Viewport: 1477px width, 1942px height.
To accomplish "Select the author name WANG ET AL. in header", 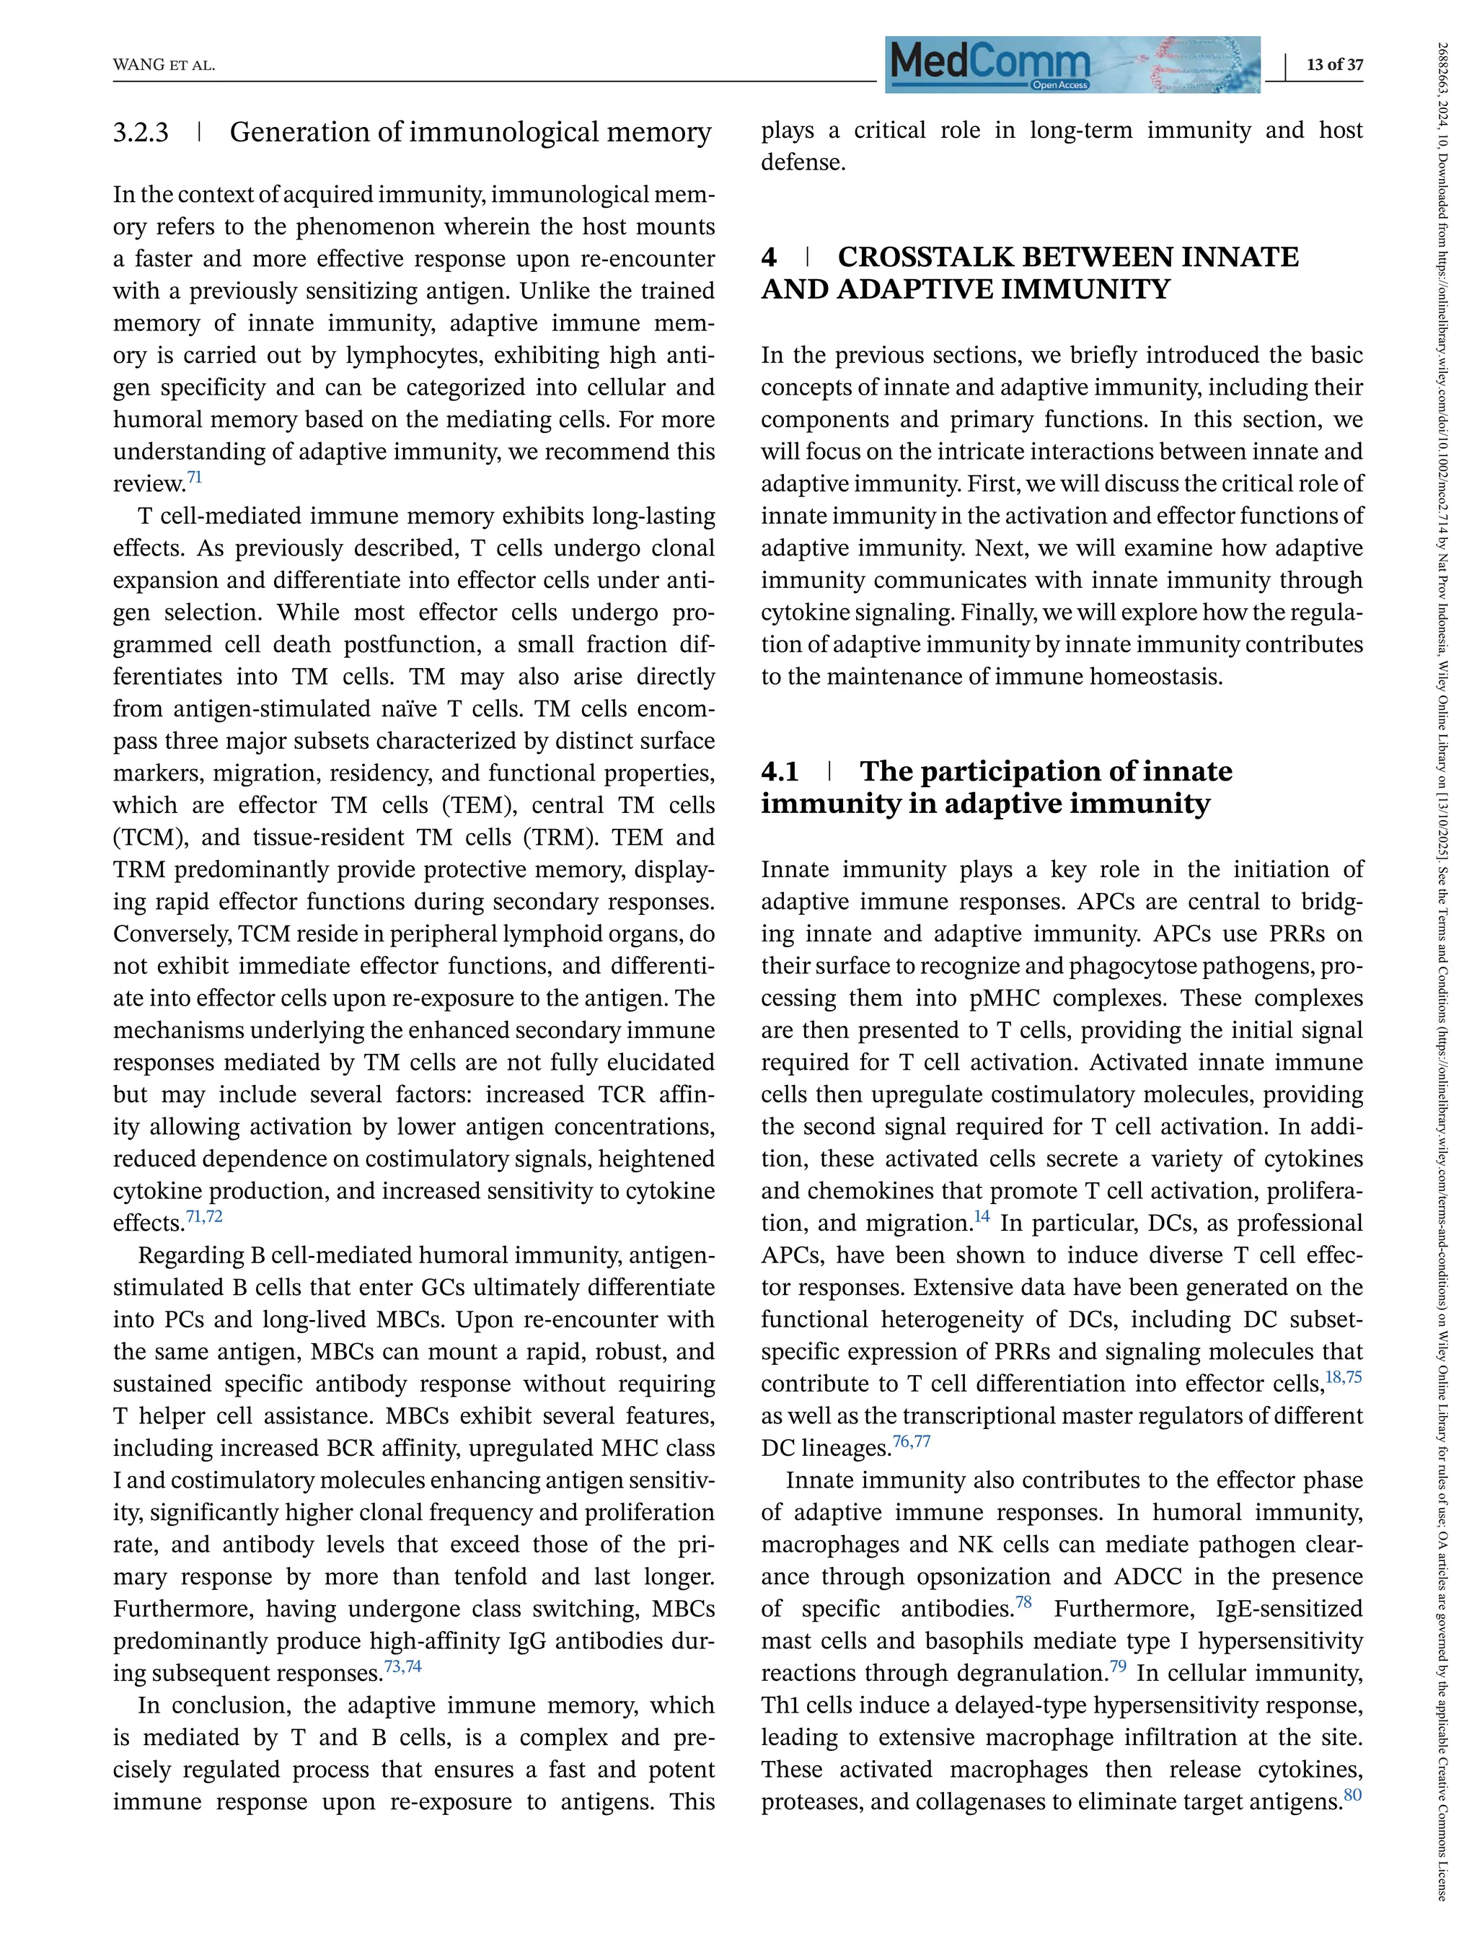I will click(x=164, y=66).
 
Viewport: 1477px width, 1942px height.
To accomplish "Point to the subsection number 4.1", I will click(x=780, y=771).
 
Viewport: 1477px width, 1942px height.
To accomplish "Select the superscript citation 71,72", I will click(x=204, y=1216).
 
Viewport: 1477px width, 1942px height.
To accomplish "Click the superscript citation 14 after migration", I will click(x=981, y=1216).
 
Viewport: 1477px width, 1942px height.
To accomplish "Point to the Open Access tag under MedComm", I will click(x=1059, y=85).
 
